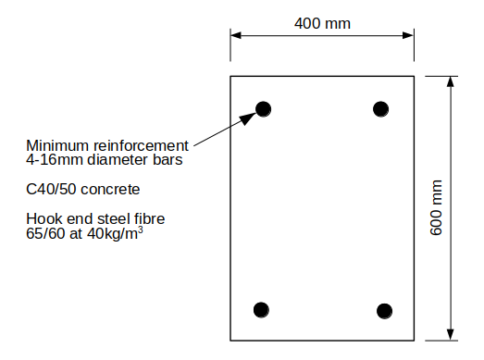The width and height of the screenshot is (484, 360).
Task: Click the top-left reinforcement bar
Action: coord(264,109)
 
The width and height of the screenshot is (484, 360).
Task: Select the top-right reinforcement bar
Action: coord(380,109)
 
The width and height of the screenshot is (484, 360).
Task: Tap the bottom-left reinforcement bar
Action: coord(262,308)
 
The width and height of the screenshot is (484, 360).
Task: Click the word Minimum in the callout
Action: coord(54,145)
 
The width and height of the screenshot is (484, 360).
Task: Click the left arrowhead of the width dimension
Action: coord(236,35)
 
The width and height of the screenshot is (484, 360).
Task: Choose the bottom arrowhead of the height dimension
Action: coord(451,334)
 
